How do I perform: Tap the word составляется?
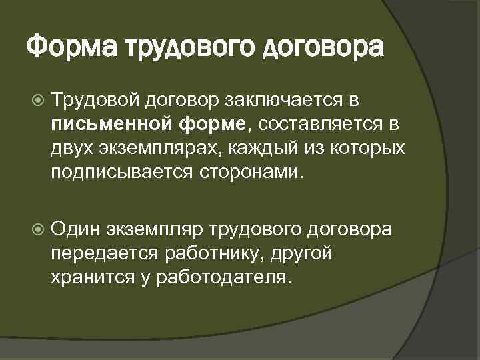point(309,122)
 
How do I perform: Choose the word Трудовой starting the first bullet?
point(94,100)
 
